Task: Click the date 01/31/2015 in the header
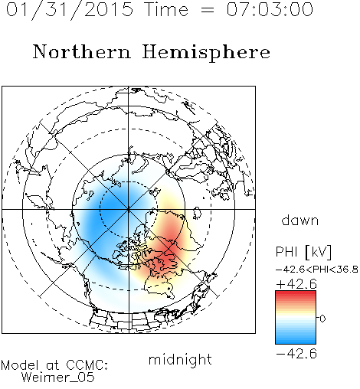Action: (x=70, y=9)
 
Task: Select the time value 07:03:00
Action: (x=270, y=9)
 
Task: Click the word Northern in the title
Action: (x=82, y=51)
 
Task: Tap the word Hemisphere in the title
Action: (x=206, y=52)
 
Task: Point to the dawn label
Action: (x=300, y=220)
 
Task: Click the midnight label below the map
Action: (x=180, y=359)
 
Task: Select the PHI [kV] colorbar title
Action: (x=303, y=252)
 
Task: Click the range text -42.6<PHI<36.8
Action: (x=316, y=270)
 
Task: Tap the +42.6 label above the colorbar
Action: (x=296, y=284)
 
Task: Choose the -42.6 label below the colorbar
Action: (x=296, y=354)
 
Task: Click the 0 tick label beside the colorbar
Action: (x=322, y=319)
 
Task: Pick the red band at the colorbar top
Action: (x=296, y=294)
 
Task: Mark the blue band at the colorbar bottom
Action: (x=296, y=341)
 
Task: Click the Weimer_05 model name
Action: (x=58, y=378)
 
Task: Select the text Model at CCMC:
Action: (x=54, y=365)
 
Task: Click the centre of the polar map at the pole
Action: (x=129, y=209)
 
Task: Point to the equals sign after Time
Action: (x=208, y=11)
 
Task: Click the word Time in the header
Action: (x=166, y=9)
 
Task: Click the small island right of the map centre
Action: (x=197, y=213)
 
